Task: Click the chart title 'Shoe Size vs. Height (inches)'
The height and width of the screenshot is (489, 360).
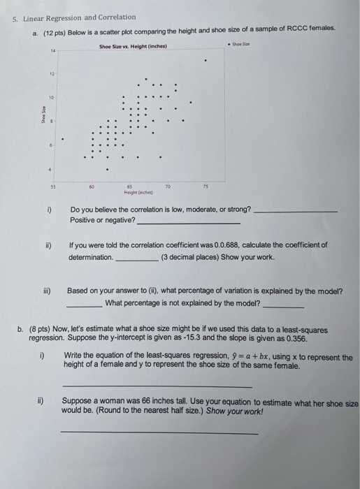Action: point(138,46)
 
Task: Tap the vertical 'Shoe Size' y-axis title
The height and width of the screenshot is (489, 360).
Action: point(42,111)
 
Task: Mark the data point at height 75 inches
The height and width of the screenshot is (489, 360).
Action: point(205,60)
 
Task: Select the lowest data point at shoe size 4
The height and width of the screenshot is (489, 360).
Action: point(108,168)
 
